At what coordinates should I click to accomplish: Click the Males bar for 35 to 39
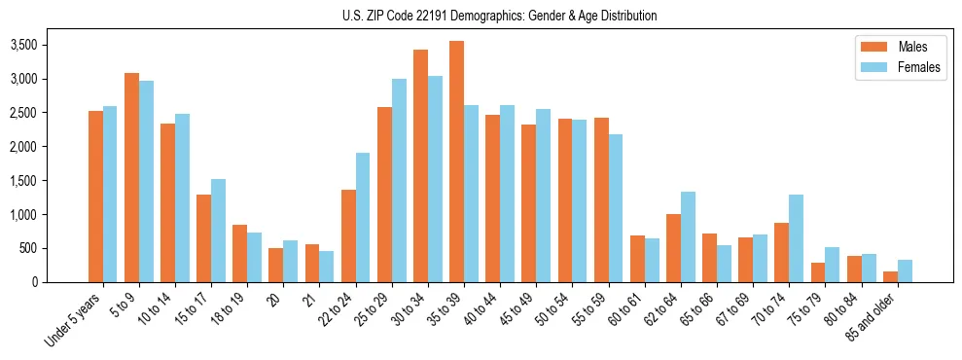[x=456, y=162]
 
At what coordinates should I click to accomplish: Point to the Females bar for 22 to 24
[x=363, y=217]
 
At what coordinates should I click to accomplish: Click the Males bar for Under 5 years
[x=95, y=197]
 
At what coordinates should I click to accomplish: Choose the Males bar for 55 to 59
[x=601, y=199]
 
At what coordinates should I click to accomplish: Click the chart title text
[x=500, y=16]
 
